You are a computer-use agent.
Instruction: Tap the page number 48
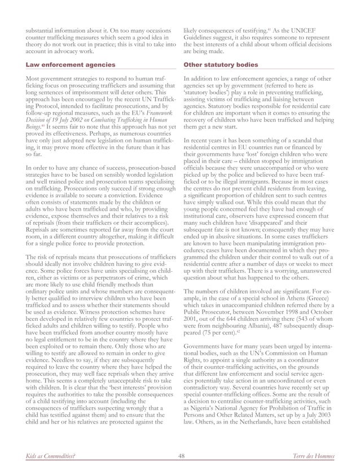tap(180, 456)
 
